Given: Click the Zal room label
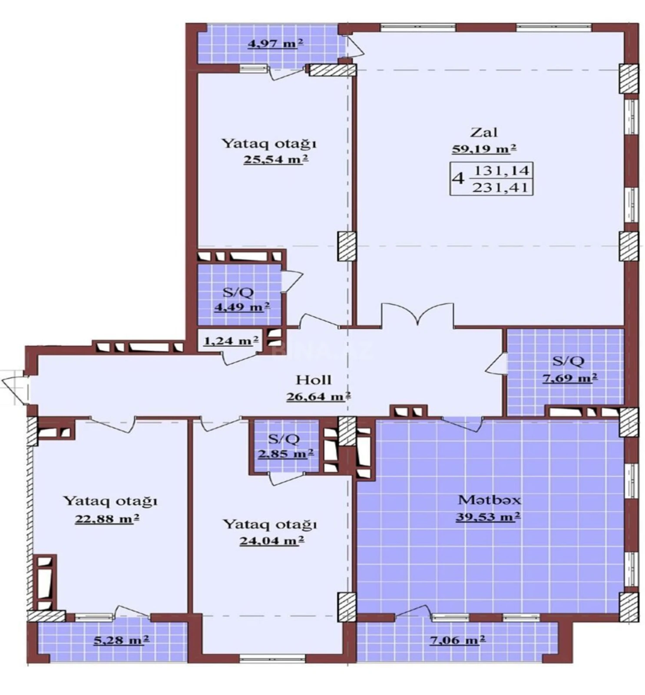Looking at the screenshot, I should (483, 132).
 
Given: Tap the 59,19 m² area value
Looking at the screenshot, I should (483, 149).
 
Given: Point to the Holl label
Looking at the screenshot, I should (313, 380).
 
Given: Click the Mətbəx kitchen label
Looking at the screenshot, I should (489, 500).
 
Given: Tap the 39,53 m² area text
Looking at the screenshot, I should (487, 517).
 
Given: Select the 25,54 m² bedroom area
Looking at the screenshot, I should (275, 159).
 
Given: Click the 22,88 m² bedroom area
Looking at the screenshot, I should (107, 519).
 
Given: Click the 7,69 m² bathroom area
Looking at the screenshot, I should (569, 377).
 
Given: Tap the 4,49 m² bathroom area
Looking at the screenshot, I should (241, 307).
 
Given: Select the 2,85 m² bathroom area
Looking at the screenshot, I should (285, 454).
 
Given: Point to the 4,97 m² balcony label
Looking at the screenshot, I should (275, 43).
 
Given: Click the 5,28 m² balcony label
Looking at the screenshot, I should (122, 639).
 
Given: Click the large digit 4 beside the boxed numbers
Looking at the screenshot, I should (458, 179).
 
